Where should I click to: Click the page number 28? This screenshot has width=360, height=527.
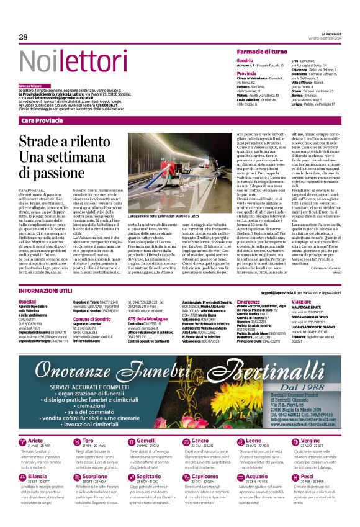coord(23,37)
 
